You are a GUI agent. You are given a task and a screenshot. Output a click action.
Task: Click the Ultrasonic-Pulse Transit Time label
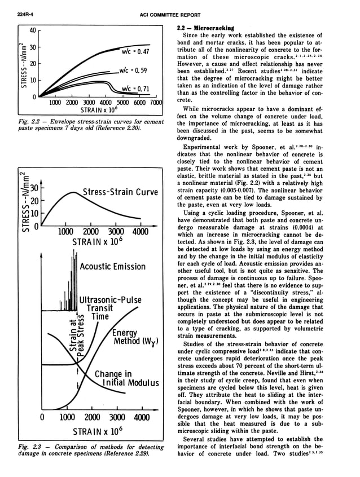110,308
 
